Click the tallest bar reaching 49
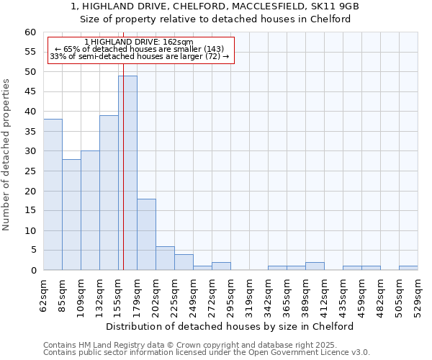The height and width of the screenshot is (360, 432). click(127, 173)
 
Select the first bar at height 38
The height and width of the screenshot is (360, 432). click(53, 194)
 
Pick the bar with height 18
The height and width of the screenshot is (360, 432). click(146, 234)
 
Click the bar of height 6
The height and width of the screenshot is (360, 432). click(165, 258)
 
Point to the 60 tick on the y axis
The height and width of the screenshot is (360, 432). click(30, 32)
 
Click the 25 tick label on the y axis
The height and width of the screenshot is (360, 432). click(30, 171)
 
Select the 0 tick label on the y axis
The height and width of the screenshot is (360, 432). click(32, 271)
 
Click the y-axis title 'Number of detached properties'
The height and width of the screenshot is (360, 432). click(7, 156)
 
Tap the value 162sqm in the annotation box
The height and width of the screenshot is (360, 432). click(178, 42)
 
